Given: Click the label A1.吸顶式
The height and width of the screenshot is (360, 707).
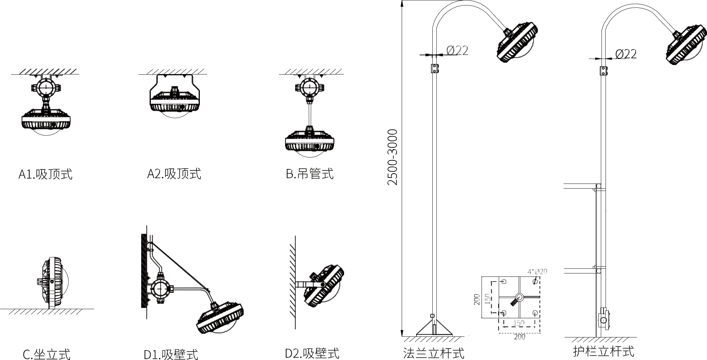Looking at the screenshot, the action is coord(45,174).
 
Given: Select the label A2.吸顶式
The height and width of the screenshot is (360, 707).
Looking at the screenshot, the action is coord(174,174).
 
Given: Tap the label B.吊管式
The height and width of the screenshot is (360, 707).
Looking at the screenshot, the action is coord(310,174).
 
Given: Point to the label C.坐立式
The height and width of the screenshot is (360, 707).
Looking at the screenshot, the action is coord(47,354).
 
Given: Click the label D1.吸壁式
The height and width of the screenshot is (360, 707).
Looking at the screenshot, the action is coord(171,354).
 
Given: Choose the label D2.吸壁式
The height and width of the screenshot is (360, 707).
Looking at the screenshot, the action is coord(312,353).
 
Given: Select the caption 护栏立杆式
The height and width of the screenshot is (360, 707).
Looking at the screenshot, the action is coord(604,351).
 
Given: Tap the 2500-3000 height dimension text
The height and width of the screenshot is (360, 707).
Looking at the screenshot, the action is coord(393,157).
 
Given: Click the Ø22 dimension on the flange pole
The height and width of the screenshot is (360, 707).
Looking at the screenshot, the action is coord(457,51).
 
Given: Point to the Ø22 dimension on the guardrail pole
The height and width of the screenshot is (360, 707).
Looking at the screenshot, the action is coord(626,54).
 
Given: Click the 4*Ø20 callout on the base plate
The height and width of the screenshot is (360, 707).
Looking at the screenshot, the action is coord(537,271).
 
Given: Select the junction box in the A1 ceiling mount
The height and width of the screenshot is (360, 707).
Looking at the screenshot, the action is coord(45,88).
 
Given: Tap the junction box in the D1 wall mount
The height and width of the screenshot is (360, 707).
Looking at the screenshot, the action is coord(161,289).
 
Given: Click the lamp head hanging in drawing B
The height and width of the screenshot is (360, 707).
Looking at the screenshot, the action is coord(310,141).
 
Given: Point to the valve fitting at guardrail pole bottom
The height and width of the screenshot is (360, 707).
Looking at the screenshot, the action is coord(604,319).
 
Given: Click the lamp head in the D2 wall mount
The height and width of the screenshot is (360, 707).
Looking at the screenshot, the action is coord(324,286).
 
